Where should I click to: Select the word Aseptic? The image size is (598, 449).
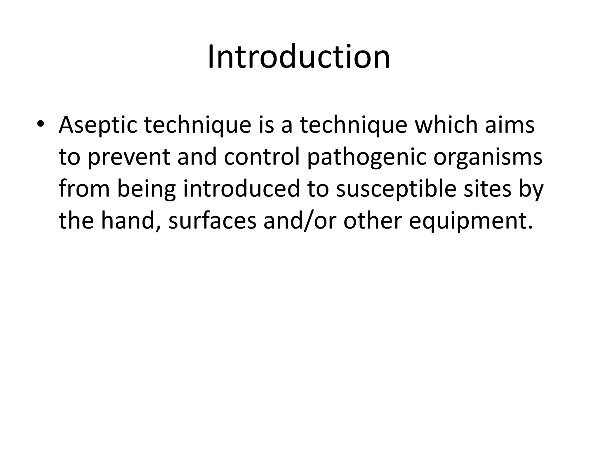pos(98,125)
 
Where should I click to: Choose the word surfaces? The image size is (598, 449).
pos(212,221)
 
